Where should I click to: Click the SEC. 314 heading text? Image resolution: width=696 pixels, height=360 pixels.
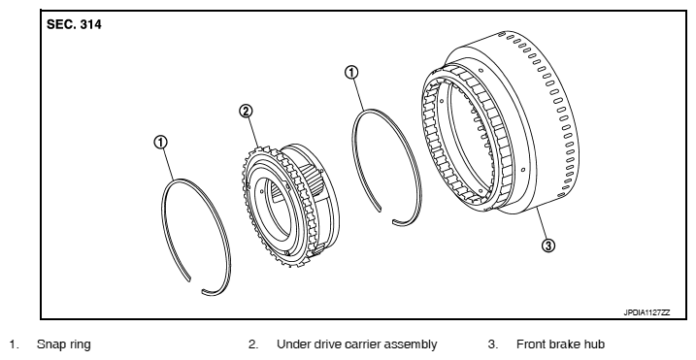click(x=74, y=24)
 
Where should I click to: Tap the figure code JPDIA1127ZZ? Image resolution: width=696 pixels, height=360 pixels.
click(x=646, y=312)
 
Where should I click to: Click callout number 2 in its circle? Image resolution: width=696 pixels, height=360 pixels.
click(x=246, y=111)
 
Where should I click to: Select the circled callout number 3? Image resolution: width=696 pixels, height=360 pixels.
click(x=548, y=245)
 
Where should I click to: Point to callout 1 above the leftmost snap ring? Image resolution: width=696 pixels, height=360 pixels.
click(x=160, y=142)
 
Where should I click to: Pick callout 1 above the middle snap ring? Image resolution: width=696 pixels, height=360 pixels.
click(x=351, y=73)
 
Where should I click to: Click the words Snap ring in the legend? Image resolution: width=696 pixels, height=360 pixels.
click(x=64, y=344)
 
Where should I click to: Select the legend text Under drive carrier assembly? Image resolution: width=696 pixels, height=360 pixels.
click(x=356, y=344)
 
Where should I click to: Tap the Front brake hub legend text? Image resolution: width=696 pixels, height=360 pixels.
click(x=560, y=344)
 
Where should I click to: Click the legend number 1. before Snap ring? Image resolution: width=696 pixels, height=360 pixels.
click(x=15, y=344)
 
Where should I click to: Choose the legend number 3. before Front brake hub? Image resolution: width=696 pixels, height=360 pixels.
click(x=493, y=344)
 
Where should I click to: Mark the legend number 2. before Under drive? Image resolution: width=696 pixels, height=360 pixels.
click(x=253, y=344)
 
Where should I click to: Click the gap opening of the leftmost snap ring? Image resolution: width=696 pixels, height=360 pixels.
click(x=196, y=285)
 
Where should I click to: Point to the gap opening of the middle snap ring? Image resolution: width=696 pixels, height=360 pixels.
click(x=386, y=215)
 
